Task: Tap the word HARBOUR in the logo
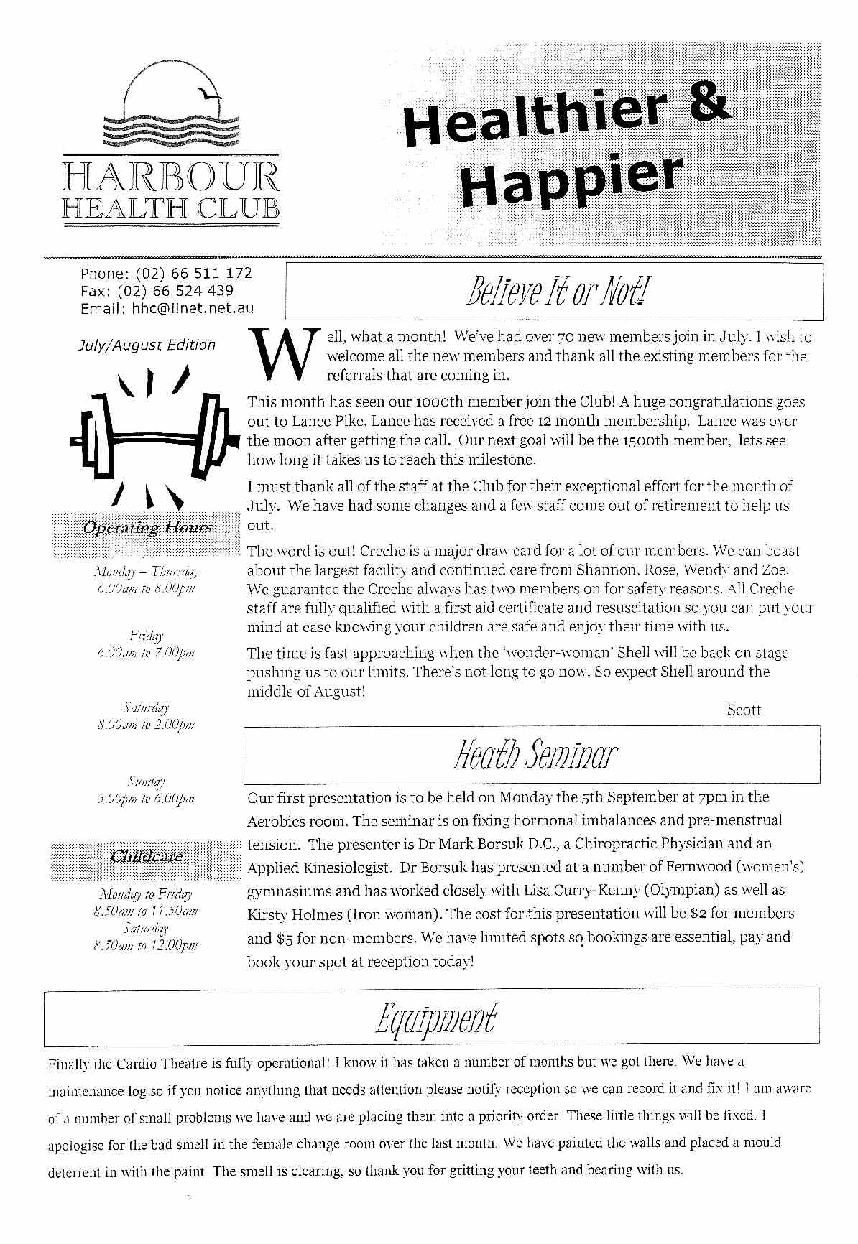pos(171,177)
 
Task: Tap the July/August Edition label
pos(147,345)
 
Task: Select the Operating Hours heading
pos(147,528)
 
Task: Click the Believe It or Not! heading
pos(554,291)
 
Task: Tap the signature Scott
pos(744,710)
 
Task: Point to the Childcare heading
pos(147,856)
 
